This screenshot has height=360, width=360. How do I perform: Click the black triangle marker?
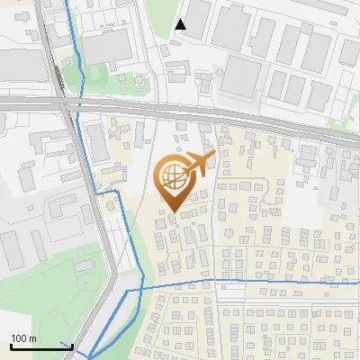click(181, 24)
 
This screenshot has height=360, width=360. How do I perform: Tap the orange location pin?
click(174, 184)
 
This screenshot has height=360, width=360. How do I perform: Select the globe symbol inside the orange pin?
click(173, 176)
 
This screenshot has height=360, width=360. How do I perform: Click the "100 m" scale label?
click(22, 338)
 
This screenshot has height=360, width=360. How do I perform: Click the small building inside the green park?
click(84, 265)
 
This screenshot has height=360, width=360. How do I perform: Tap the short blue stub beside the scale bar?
click(66, 345)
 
